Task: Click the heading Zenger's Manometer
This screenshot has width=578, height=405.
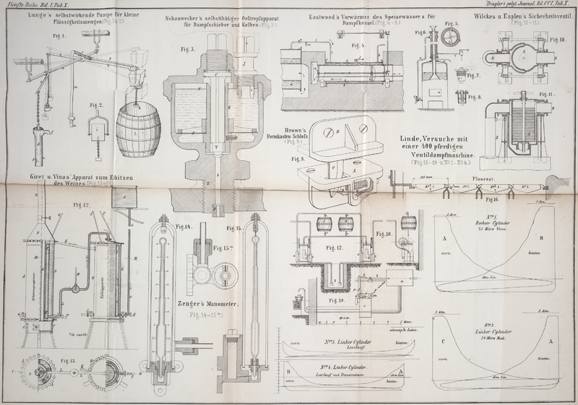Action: [216, 304]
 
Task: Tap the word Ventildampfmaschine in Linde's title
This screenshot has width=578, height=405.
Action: [440, 155]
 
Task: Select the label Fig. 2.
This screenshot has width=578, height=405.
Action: [95, 103]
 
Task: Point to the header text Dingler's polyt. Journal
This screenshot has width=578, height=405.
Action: [523, 4]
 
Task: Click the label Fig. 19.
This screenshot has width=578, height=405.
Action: [337, 300]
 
